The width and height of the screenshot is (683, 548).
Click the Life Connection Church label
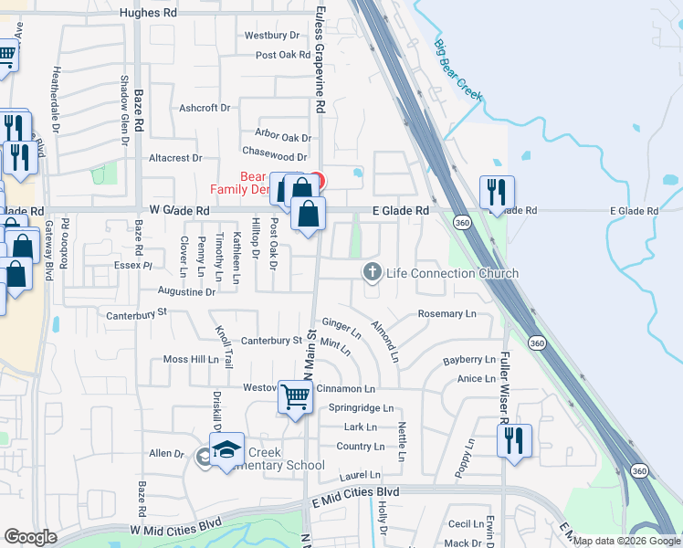coord(452,273)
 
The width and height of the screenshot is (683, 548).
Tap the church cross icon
coord(372,271)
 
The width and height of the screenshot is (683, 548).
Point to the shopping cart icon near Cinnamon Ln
coord(295,399)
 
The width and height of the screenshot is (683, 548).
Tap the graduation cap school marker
coord(226,450)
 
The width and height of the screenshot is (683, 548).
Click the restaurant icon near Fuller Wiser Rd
coord(514,441)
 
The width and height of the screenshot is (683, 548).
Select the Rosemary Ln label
coord(447,314)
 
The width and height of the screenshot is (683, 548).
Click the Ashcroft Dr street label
coord(205,108)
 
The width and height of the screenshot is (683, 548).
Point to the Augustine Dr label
coord(186,292)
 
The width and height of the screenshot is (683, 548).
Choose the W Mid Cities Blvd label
coord(175,528)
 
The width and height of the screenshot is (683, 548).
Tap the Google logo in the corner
coord(30,537)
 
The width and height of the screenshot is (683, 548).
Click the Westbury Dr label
coord(272,36)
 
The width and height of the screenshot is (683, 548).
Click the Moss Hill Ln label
coord(191,360)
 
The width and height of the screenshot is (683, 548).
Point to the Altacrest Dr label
coord(174,158)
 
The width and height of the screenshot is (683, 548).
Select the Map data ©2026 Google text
coord(626,541)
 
